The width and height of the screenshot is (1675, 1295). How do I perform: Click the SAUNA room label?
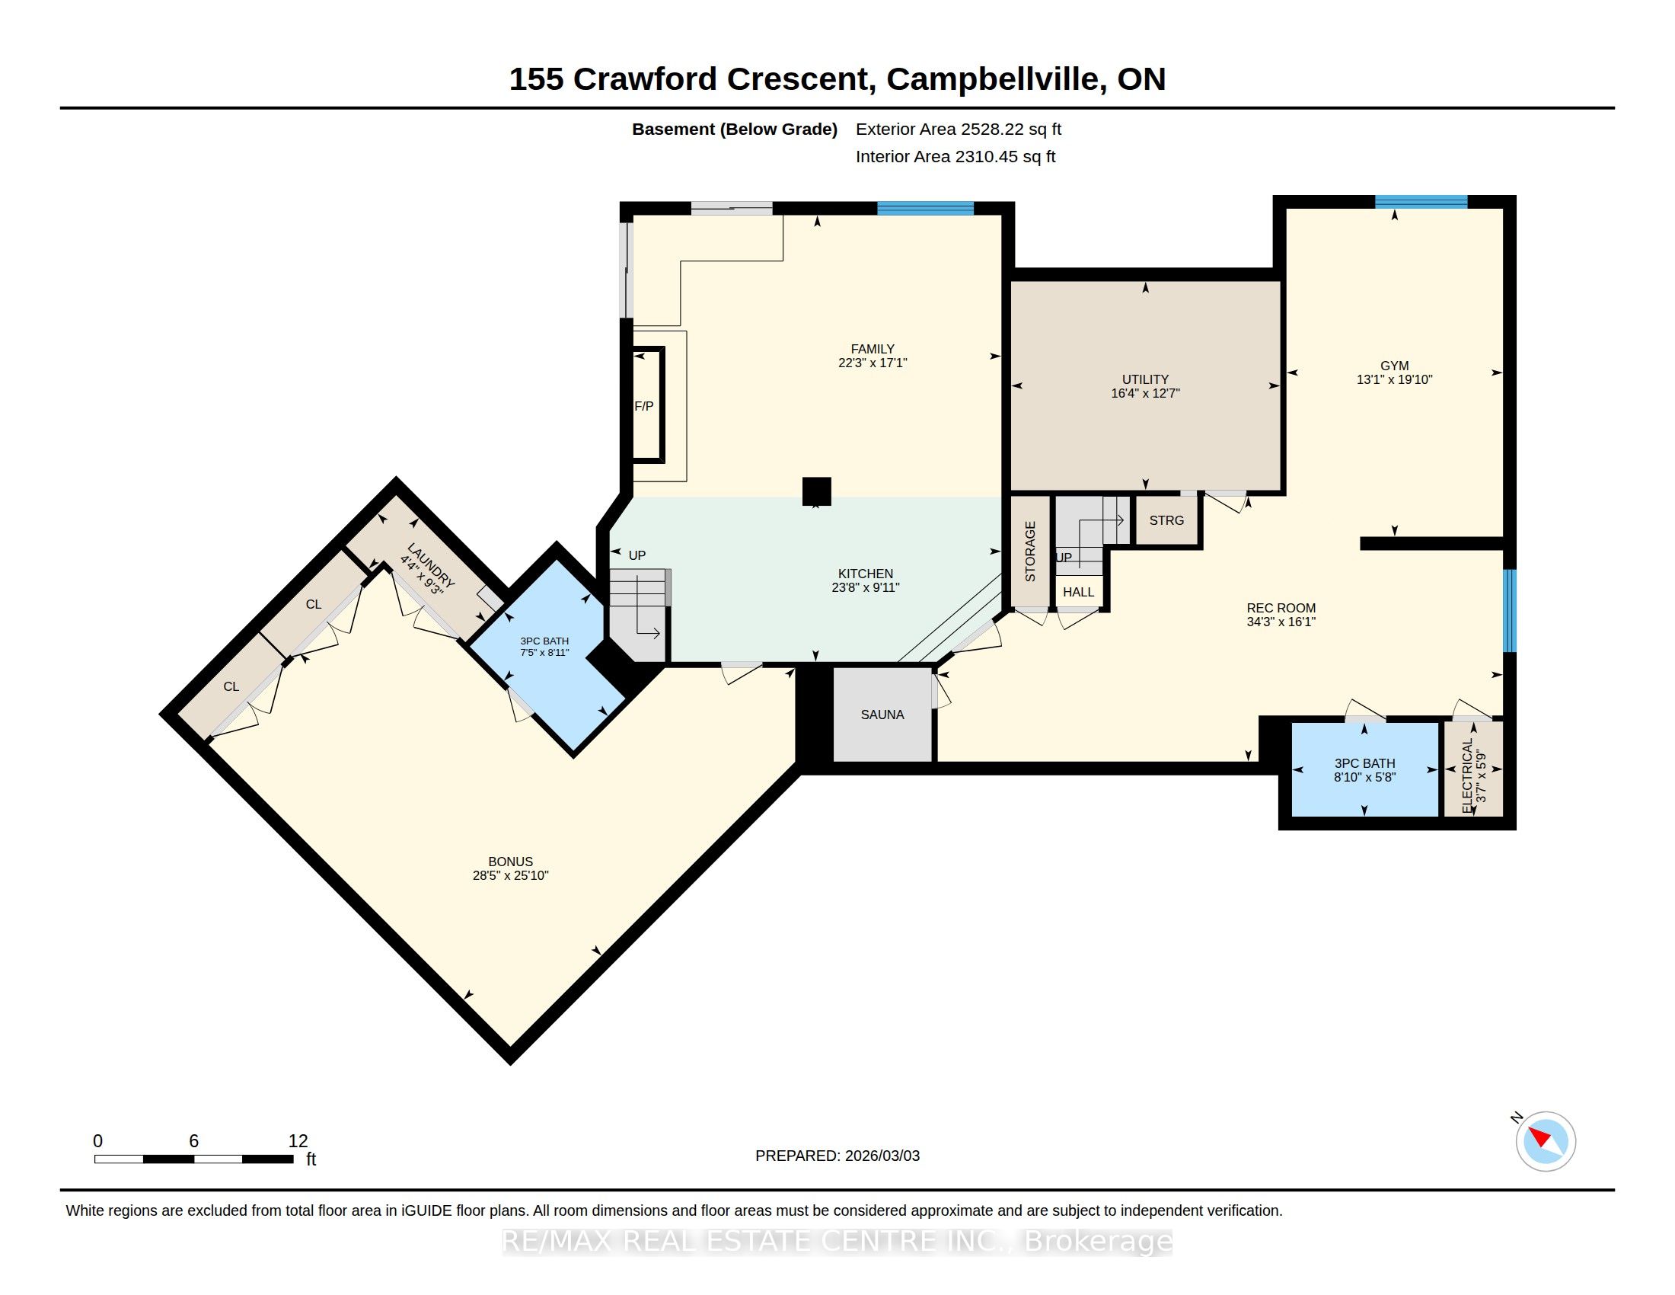pos(882,715)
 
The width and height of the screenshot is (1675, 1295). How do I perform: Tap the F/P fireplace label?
pos(644,406)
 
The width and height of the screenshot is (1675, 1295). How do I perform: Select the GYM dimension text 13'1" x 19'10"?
pos(1394,380)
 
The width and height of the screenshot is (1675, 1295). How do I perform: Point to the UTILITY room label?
pos(1145,379)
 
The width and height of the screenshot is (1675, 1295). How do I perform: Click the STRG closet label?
pos(1166,520)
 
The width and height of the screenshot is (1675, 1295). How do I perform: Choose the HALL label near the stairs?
pos(1078,592)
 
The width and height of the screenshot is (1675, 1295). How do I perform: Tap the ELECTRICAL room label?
pos(1468,775)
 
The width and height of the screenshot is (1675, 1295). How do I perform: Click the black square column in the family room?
pos(816,491)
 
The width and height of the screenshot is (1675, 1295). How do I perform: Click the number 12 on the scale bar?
pos(298,1141)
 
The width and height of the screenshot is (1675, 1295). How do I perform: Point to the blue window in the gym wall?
pos(1421,202)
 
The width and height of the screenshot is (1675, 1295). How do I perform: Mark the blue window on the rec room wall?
pos(1509,611)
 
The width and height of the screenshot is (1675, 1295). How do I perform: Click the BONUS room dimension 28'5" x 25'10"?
pos(510,875)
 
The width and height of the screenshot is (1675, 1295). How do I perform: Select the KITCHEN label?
pos(865,574)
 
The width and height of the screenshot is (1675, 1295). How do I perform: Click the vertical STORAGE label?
pos(1030,551)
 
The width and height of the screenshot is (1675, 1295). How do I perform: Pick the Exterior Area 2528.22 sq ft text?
pos(958,129)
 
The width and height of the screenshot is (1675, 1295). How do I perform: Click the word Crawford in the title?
pos(645,79)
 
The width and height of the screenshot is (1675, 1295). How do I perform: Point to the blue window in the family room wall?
pos(925,208)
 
